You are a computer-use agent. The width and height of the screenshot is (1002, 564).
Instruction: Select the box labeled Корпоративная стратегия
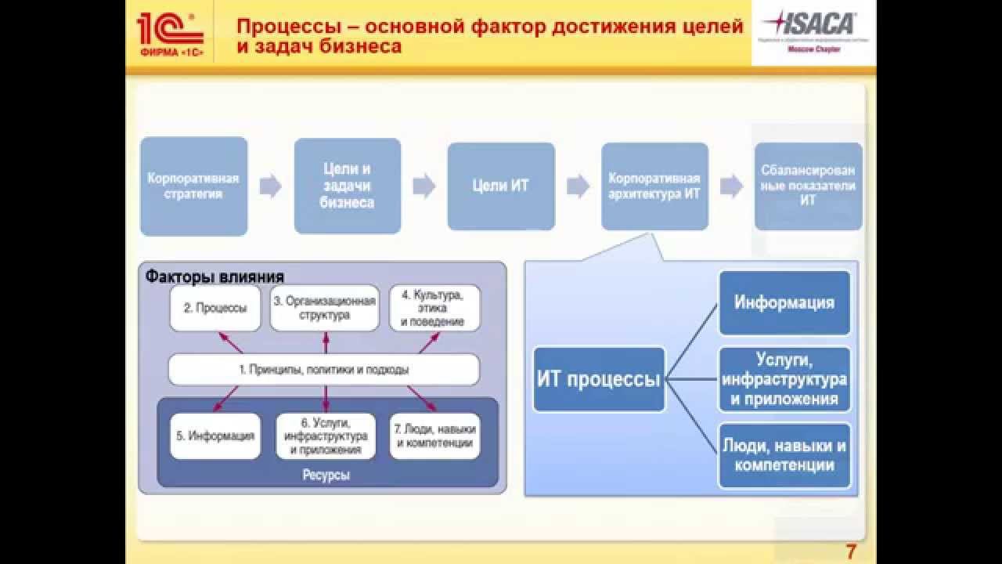pos(194,186)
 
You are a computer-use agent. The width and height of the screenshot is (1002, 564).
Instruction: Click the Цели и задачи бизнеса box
pos(348,186)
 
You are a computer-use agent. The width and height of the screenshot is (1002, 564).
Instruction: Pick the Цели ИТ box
pos(501,186)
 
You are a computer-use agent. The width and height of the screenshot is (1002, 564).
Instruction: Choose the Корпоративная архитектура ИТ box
pos(654,186)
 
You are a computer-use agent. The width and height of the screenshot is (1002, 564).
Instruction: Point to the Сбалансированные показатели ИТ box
pos(808,186)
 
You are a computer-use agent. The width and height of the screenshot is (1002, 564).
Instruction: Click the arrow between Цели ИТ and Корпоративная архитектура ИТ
pos(578,186)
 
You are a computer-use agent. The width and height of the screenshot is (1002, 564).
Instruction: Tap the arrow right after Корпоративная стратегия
pos(271,186)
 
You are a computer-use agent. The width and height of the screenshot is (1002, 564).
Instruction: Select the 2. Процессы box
pos(215,308)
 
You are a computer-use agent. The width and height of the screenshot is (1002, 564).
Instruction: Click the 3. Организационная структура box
pos(324,308)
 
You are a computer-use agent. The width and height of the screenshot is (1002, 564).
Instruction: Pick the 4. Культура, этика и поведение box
pos(434,308)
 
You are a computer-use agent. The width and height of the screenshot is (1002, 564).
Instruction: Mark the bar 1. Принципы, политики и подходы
pos(324,369)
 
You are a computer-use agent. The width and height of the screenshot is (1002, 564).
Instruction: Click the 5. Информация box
pos(215,436)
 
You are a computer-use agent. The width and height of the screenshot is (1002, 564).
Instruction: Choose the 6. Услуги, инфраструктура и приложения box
pos(324,436)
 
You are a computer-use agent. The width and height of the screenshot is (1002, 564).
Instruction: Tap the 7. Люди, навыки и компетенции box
pos(434,436)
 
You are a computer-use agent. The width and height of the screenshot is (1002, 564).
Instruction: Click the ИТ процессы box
pos(599,380)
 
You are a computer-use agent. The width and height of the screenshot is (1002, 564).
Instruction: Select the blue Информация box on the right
pos(784,302)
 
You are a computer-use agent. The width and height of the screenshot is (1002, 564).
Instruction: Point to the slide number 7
pos(851,552)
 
